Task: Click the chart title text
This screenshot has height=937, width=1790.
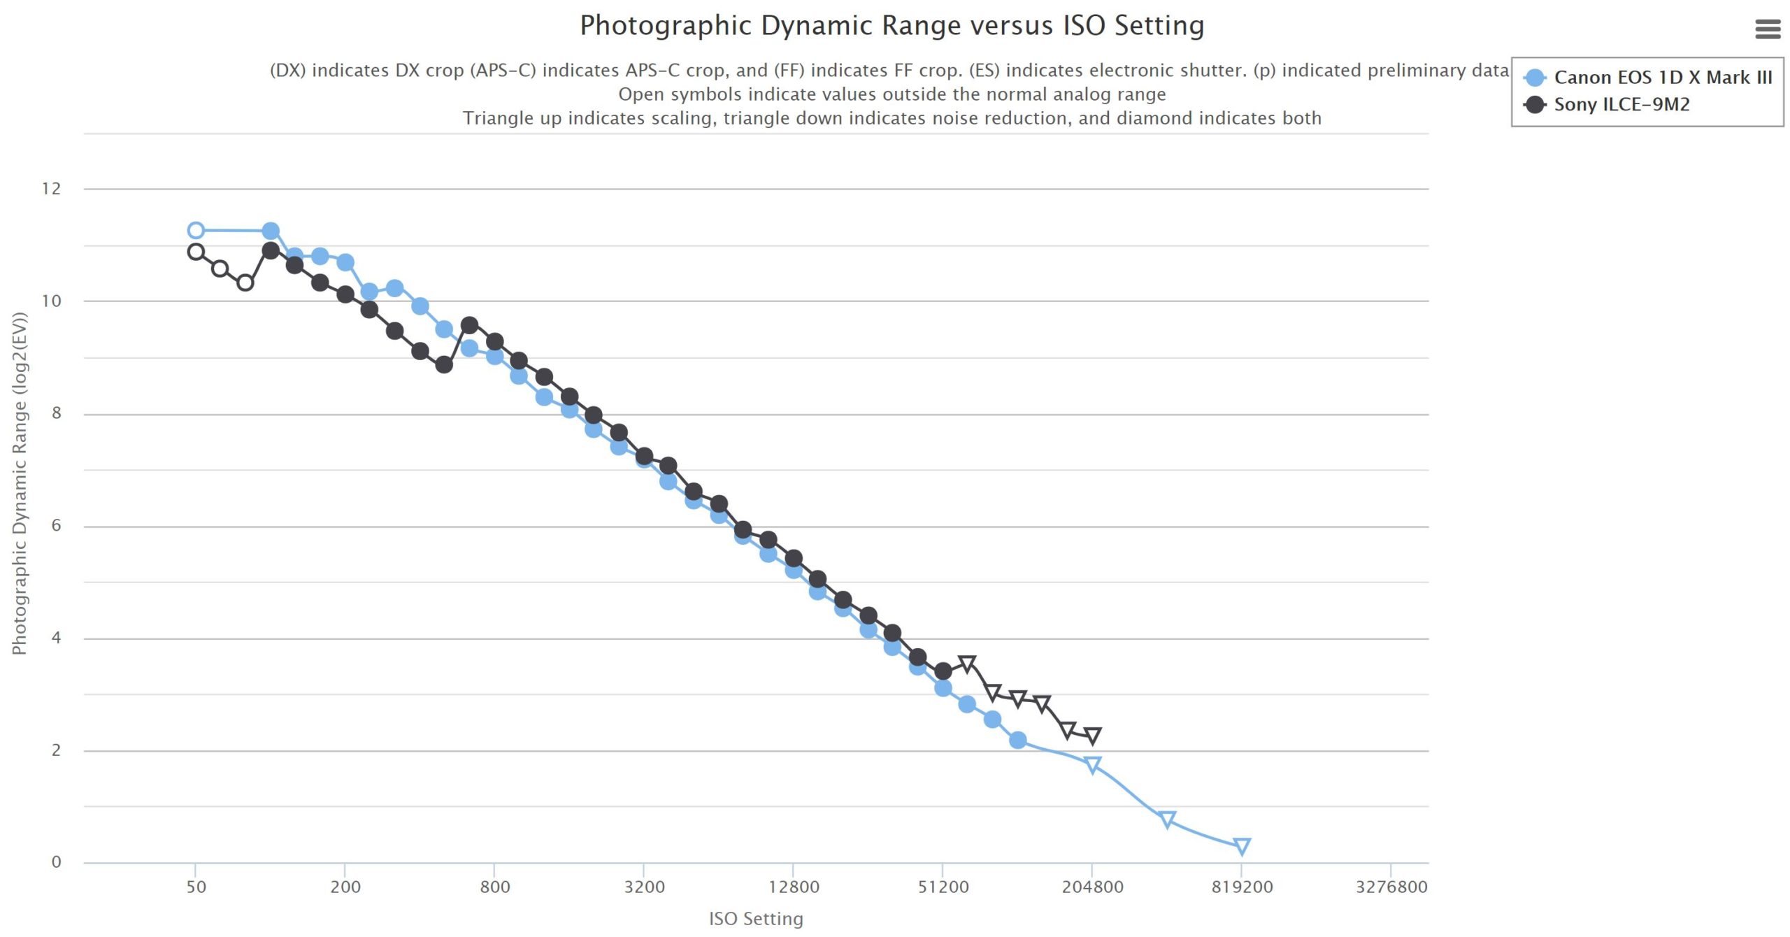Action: click(x=892, y=26)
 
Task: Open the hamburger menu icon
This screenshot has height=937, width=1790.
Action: click(x=1768, y=29)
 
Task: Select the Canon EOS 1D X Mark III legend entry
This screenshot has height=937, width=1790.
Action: click(x=1662, y=78)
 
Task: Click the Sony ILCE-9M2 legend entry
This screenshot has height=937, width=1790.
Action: click(x=1621, y=105)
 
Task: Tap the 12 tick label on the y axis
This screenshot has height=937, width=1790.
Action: click(x=51, y=189)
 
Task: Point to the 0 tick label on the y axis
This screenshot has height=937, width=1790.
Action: click(x=56, y=862)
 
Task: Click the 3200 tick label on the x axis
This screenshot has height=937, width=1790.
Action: click(x=644, y=887)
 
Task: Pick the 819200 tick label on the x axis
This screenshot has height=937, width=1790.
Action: click(x=1242, y=887)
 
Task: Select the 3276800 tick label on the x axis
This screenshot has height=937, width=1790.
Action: click(x=1391, y=887)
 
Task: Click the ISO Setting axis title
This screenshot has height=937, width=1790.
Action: click(x=756, y=919)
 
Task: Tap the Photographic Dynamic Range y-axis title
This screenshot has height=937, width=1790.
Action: click(x=19, y=483)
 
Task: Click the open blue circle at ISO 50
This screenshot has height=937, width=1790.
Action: click(x=196, y=231)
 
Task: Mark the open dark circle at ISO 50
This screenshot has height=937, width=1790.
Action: click(x=196, y=252)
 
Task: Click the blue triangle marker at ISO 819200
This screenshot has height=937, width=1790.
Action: click(x=1242, y=846)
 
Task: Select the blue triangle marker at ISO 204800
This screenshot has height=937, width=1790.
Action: click(x=1093, y=764)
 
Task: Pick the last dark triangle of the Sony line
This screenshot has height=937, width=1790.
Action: click(x=1093, y=735)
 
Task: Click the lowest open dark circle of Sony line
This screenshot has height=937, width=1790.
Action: click(x=245, y=283)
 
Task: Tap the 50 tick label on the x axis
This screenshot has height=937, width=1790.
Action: click(x=196, y=887)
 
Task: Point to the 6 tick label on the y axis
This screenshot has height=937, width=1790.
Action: click(x=56, y=526)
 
